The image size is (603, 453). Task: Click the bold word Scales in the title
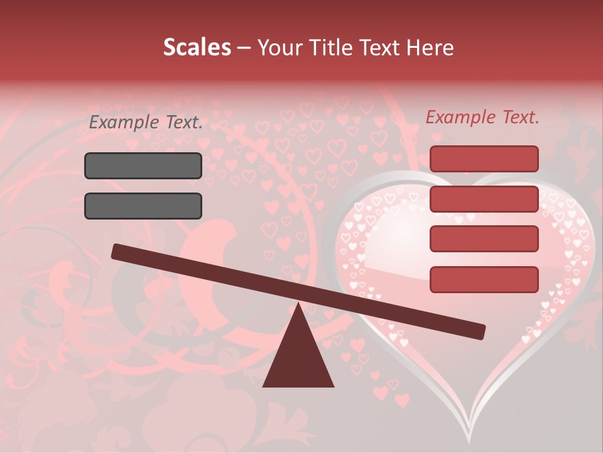pos(197,48)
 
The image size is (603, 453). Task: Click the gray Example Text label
pos(146,123)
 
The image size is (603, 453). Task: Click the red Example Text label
pos(482,117)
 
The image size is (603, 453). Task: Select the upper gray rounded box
pos(143,165)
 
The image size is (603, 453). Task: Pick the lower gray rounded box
pos(143,206)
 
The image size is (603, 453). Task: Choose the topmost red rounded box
pos(484,159)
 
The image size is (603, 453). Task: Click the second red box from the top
pos(484,199)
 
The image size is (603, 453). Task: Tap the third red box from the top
pos(484,239)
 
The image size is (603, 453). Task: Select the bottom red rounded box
pos(484,279)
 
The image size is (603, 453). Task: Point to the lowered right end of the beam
pos(480,331)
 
